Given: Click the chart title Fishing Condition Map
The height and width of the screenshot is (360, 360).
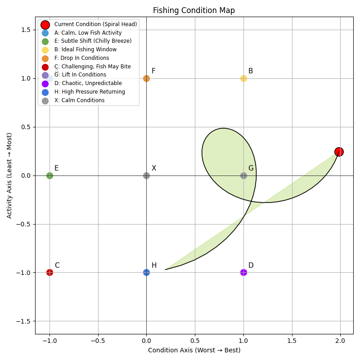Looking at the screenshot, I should [x=193, y=10].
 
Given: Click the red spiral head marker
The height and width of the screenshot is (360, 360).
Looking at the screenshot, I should [x=339, y=152].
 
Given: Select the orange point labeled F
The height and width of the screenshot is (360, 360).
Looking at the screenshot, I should [x=146, y=78].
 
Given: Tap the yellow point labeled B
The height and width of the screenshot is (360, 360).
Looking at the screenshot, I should [x=243, y=78].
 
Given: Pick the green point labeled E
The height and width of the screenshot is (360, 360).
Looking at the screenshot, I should [x=49, y=175].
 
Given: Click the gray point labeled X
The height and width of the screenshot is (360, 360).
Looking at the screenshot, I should [x=146, y=175].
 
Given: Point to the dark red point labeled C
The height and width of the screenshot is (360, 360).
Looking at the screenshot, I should [x=49, y=272].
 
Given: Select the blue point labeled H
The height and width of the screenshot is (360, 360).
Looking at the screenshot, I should [x=146, y=272].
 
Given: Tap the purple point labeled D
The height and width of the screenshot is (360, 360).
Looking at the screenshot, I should [x=243, y=272].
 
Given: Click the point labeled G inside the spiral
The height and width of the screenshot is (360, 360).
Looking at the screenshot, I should [x=243, y=175].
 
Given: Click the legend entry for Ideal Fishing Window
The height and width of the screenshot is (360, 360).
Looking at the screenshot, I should [x=85, y=49].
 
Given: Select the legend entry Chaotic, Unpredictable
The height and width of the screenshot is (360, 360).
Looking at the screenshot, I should [x=88, y=83].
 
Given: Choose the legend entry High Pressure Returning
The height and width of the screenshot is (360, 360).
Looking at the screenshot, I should [x=90, y=92].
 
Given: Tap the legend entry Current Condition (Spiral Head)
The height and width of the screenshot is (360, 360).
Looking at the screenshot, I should [x=95, y=24].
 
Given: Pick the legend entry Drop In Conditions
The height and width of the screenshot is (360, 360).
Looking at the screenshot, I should [x=81, y=58].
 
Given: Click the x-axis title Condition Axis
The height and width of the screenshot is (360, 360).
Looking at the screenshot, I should [x=194, y=350].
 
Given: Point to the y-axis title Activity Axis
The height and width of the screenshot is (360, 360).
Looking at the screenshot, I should [x=10, y=175].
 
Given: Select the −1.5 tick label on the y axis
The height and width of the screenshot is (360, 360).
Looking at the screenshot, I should [x=24, y=321].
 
